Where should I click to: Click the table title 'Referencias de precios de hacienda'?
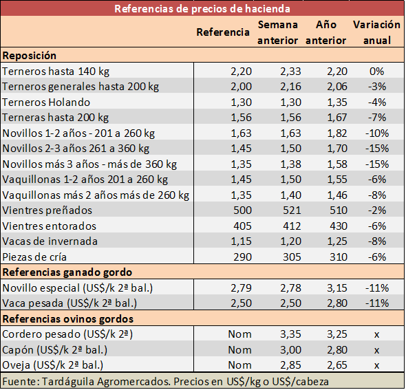click(x=202, y=9)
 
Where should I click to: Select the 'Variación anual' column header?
click(x=376, y=32)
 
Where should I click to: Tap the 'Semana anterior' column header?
click(x=277, y=32)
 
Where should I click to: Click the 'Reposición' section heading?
click(x=30, y=56)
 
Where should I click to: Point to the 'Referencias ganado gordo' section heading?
click(x=67, y=272)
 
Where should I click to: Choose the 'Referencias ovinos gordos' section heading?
click(x=68, y=319)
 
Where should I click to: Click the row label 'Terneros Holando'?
click(x=46, y=102)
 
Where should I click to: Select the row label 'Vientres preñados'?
click(x=47, y=210)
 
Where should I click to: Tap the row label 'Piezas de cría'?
click(x=34, y=257)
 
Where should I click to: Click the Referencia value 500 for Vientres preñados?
click(x=242, y=210)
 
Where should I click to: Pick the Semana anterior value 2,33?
click(x=290, y=72)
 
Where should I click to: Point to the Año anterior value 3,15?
click(x=337, y=288)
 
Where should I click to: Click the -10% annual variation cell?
click(x=377, y=133)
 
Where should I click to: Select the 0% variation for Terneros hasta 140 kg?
click(x=376, y=72)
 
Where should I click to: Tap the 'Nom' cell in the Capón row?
click(x=239, y=350)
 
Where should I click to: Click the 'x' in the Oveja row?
click(x=376, y=365)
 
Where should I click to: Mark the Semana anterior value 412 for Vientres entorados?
click(x=292, y=226)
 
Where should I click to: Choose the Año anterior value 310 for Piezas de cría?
click(x=338, y=257)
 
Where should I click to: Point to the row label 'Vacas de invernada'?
click(x=50, y=241)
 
